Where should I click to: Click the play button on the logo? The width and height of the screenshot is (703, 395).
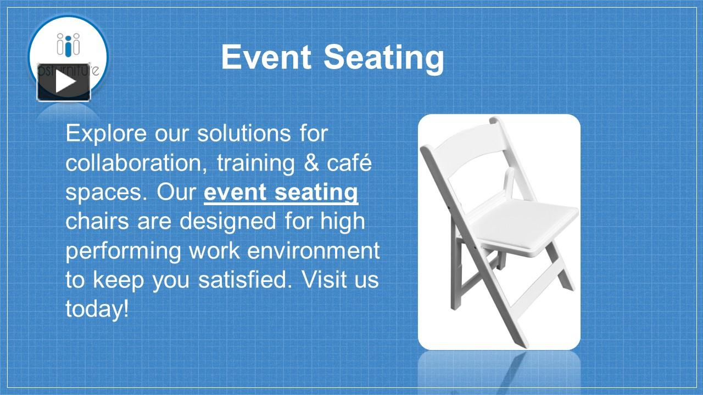[64, 82]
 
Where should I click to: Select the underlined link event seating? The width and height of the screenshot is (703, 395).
[281, 193]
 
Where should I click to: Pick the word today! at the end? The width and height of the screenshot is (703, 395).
[97, 309]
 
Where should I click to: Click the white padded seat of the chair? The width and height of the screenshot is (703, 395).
[525, 220]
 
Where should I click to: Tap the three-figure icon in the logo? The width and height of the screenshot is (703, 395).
[68, 44]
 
